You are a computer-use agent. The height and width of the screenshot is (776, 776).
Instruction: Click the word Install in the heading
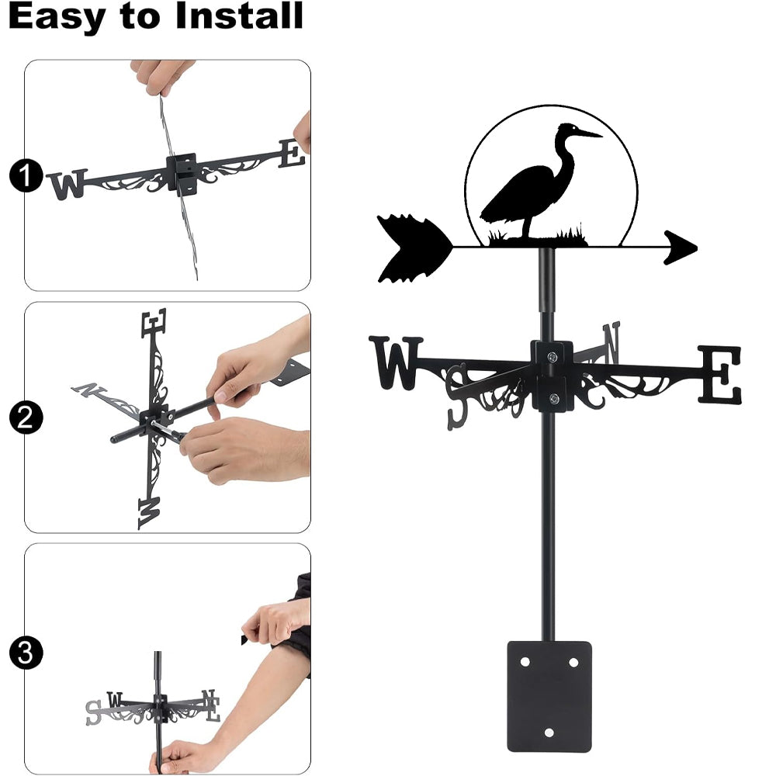click(x=239, y=16)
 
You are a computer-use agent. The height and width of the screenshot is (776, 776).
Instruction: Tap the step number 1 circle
click(x=26, y=175)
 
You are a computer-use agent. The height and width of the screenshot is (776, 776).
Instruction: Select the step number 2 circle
click(x=26, y=417)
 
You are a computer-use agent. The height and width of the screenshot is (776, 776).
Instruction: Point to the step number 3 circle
click(x=26, y=653)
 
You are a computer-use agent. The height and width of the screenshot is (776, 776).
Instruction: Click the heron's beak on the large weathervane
click(x=588, y=133)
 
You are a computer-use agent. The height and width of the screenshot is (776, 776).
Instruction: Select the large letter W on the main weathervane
click(x=396, y=362)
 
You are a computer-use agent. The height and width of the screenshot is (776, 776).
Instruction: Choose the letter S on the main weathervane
click(x=457, y=396)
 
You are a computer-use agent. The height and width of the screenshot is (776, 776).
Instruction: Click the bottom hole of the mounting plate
click(x=549, y=733)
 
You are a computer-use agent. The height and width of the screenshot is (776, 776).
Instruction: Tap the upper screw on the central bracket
click(x=553, y=356)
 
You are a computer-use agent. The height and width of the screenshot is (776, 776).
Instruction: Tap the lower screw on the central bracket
click(x=554, y=398)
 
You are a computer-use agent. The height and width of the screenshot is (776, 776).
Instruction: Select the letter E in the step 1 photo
click(x=291, y=154)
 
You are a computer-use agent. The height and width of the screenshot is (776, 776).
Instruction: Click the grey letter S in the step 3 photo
click(x=93, y=712)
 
